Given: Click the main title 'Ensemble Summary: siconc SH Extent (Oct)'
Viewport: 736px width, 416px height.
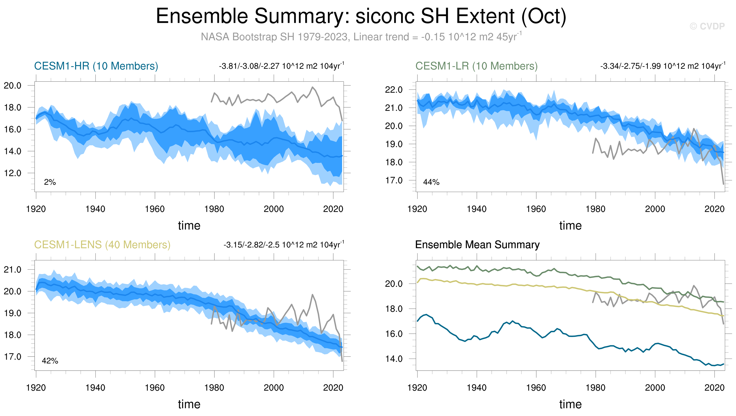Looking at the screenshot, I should point(361,16).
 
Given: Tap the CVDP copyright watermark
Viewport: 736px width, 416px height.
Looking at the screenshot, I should point(707,26).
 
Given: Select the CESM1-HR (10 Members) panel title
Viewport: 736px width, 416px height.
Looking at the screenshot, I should point(96,66).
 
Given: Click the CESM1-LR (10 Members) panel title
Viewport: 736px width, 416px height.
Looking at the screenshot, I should point(476,66).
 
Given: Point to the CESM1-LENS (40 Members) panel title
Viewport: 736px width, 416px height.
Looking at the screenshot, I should point(102,245).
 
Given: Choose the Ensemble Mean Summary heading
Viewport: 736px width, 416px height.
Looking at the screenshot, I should point(477,245).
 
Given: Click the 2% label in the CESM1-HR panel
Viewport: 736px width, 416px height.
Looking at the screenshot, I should point(50,182).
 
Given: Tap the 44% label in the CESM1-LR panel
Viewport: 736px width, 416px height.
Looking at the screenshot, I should point(431,182).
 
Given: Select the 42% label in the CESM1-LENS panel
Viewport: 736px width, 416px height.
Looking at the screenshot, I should point(50,361).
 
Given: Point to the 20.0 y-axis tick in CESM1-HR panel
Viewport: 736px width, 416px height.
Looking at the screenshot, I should point(13,85).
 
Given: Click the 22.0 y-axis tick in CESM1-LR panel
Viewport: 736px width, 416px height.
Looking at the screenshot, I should point(394,90).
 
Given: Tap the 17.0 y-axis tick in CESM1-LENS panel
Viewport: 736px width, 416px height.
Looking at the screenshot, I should point(13,357).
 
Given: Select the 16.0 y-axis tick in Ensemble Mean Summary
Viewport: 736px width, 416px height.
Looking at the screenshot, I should point(394,334).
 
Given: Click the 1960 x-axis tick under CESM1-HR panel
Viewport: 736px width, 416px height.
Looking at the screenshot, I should point(155,209).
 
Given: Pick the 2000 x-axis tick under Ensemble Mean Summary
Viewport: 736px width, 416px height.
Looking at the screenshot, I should point(655,388).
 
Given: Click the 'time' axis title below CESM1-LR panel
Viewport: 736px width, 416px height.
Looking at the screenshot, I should point(570,226).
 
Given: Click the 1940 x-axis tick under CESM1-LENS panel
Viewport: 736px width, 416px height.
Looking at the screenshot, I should point(95,388).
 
